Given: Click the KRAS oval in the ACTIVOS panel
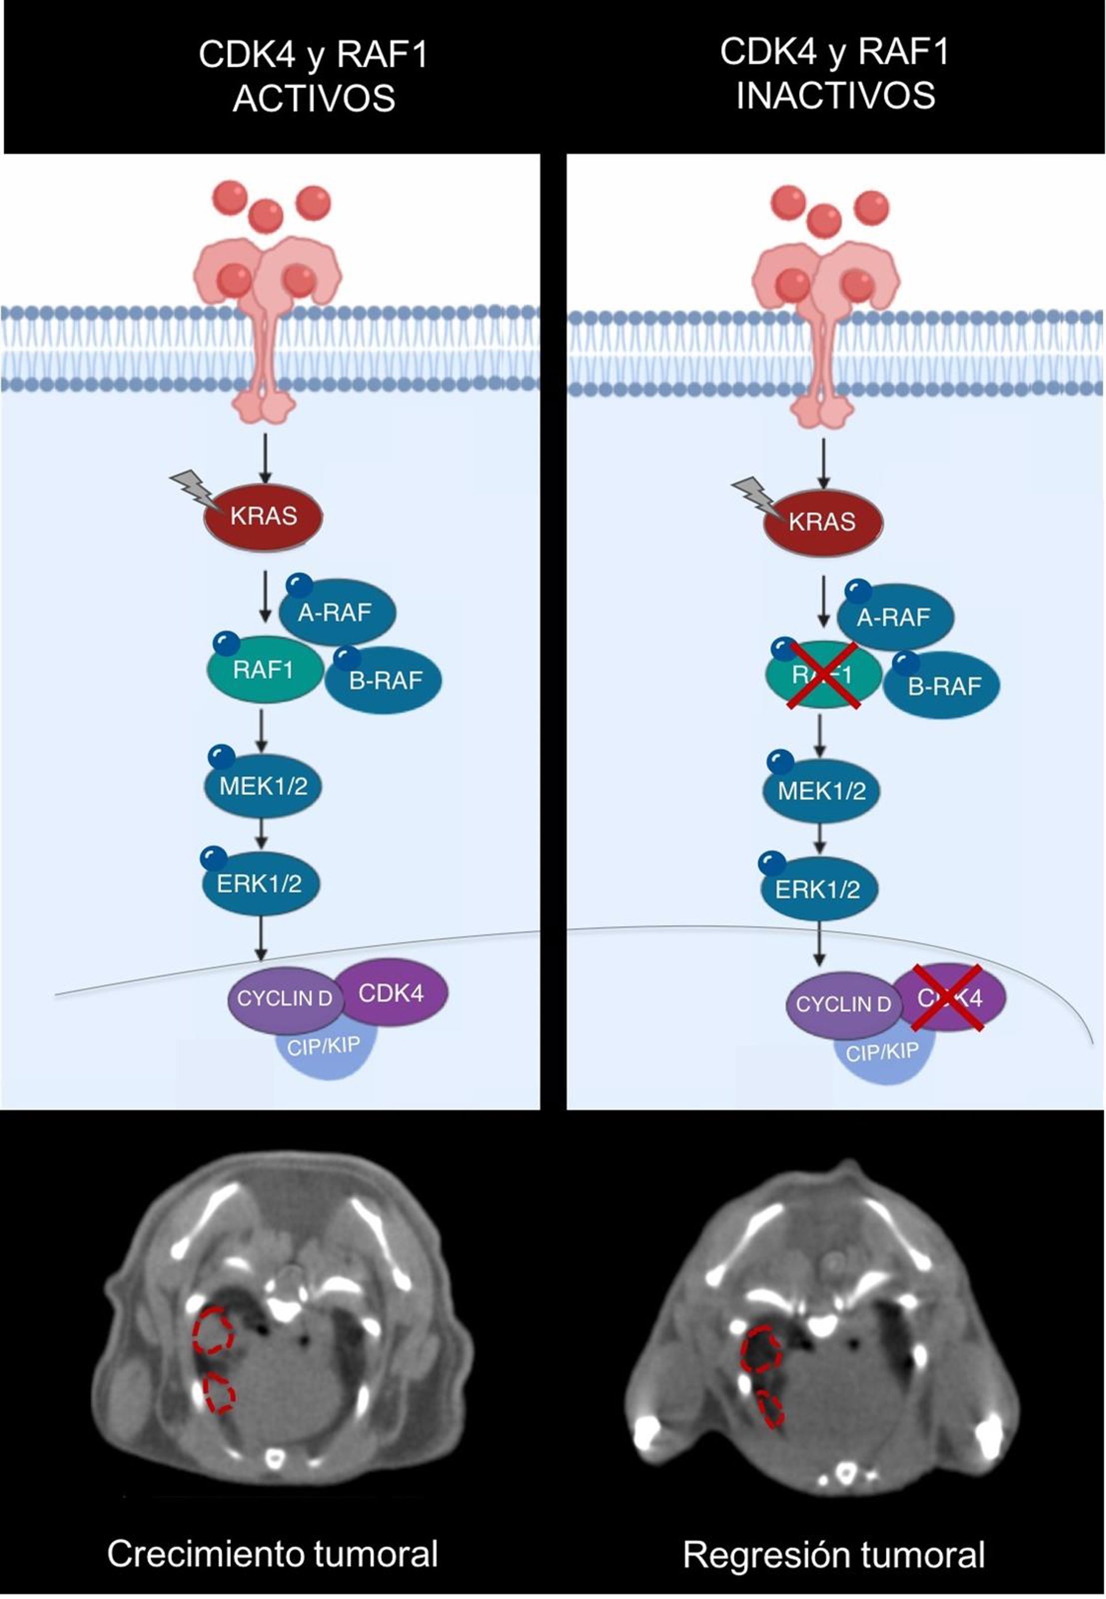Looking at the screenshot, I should pyautogui.click(x=263, y=516).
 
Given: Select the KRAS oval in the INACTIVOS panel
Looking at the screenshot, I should pyautogui.click(x=823, y=521).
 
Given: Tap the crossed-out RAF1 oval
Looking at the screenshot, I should pyautogui.click(x=823, y=674).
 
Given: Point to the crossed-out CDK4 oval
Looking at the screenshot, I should pyautogui.click(x=951, y=998).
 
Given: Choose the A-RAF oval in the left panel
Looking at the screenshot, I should pyautogui.click(x=338, y=612).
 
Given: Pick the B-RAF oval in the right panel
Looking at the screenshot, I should pyautogui.click(x=942, y=686).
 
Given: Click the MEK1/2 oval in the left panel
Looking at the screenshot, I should pyautogui.click(x=263, y=786).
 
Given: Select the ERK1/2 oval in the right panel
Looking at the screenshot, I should pyautogui.click(x=819, y=889).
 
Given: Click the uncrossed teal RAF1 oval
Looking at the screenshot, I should pyautogui.click(x=264, y=670).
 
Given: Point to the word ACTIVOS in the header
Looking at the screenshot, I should pyautogui.click(x=314, y=99).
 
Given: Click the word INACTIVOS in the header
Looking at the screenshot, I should pyautogui.click(x=835, y=95).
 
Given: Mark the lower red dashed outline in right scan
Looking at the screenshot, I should pyautogui.click(x=771, y=1409).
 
